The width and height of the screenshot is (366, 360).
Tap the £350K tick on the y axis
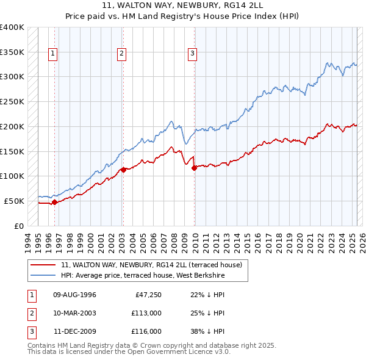pyautogui.click(x=12, y=52)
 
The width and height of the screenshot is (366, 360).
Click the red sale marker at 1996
pyautogui.click(x=54, y=202)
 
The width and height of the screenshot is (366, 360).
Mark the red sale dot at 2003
pyautogui.click(x=123, y=170)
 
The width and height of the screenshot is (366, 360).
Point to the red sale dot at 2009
pyautogui.click(x=195, y=168)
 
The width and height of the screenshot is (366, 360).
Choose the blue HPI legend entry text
pyautogui.click(x=143, y=276)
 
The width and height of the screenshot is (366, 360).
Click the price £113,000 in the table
pyautogui.click(x=146, y=314)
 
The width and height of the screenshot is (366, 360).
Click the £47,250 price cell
pyautogui.click(x=148, y=295)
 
